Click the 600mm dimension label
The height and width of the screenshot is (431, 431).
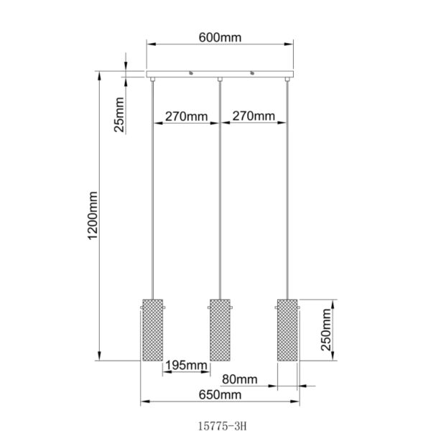tap(220, 37)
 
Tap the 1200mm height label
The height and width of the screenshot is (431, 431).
tap(93, 215)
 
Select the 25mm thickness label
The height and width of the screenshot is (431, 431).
tap(119, 115)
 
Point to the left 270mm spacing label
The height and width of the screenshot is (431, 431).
tap(186, 116)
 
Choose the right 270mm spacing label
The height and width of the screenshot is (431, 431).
tap(254, 116)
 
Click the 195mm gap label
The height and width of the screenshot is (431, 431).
tap(186, 366)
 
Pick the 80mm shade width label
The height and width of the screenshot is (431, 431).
tap(240, 379)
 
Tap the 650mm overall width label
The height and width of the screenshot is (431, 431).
tap(221, 395)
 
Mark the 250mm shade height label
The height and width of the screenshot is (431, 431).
tap(326, 330)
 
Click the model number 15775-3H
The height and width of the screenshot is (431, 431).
tap(223, 426)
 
